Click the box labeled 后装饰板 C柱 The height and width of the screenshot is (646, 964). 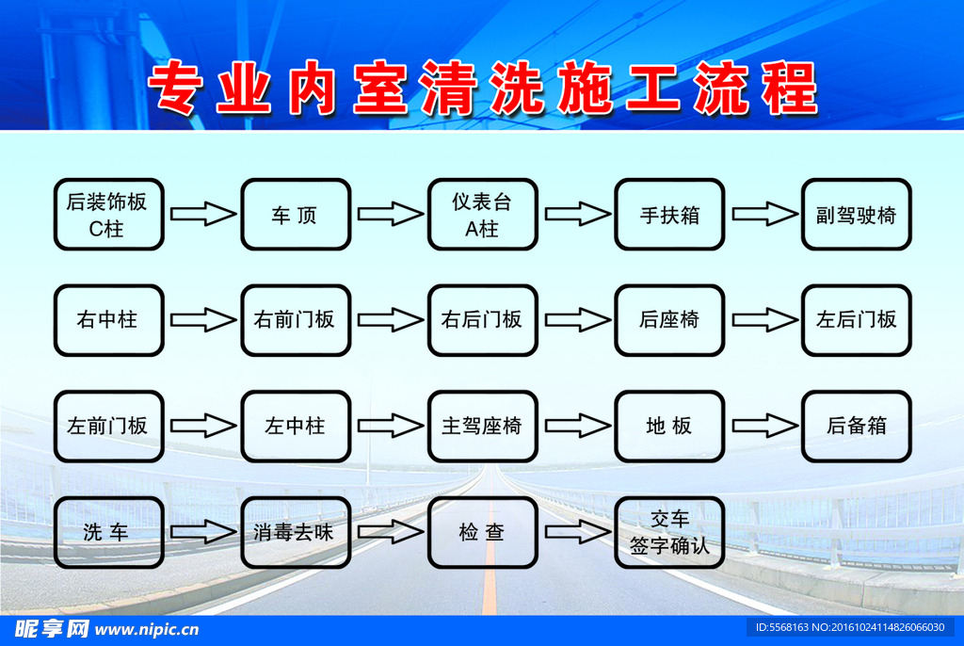pos(108,215)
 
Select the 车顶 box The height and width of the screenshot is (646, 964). pos(296,215)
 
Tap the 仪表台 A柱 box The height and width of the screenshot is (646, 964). pos(482,215)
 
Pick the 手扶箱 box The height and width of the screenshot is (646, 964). pos(669,215)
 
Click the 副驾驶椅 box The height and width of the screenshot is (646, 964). pos(856,215)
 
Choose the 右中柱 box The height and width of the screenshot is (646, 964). pos(108,320)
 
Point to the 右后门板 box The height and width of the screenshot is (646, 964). pos(482,320)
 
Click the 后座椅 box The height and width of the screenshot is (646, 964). pos(669,320)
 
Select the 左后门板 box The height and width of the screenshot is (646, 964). pos(856,320)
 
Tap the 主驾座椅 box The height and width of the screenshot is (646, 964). pos(482,427)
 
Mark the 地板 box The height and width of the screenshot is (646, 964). pos(669,427)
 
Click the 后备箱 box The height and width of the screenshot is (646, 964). pos(856,427)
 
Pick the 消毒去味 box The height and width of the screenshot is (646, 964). pos(296,533)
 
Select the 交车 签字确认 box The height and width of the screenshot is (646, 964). pos(669,533)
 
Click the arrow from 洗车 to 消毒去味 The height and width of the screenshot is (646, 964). pos(202,533)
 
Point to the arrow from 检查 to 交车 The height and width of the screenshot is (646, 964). pos(576,533)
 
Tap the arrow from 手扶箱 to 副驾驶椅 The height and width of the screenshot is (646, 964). pos(763,215)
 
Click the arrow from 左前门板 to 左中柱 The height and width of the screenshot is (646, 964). pos(202,427)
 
